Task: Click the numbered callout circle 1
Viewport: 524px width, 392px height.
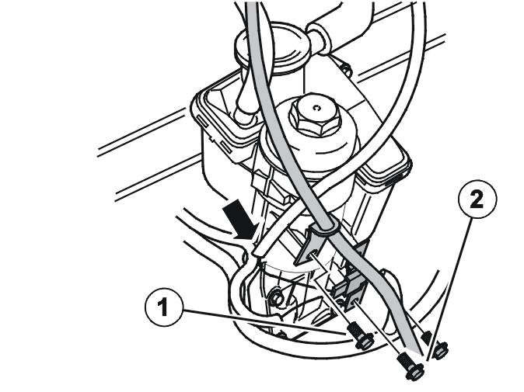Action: pos(164,307)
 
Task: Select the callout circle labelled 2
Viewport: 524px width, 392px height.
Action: pos(477,199)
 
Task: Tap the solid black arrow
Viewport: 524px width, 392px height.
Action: pos(240,220)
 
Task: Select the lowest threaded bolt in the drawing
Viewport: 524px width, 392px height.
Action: pos(410,366)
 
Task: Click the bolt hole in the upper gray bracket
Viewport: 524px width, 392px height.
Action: pos(313,254)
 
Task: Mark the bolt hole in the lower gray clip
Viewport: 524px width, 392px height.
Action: pos(355,303)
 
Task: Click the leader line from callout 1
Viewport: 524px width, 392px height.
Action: pos(264,321)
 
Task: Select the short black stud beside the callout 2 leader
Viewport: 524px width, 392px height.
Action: pos(426,337)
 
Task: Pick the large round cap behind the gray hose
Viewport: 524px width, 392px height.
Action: pos(271,50)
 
